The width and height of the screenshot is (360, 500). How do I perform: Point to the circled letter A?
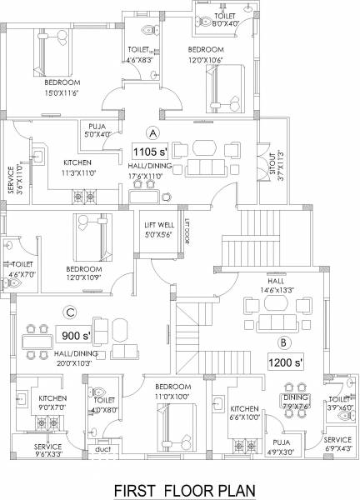click(152, 132)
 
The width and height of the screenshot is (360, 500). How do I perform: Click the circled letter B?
click(283, 342)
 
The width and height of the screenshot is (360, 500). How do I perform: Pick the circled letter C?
click(71, 314)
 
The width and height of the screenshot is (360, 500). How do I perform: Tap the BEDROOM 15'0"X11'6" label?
click(62, 87)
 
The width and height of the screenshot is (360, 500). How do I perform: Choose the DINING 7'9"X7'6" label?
click(297, 403)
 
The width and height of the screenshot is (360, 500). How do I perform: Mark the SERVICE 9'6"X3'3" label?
click(47, 451)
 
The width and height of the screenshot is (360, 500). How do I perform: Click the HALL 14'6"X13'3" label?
click(265, 287)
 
